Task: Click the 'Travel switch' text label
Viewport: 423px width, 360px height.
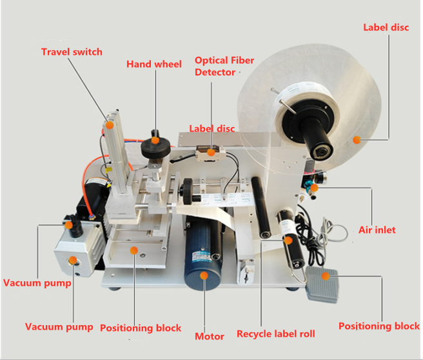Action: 72,52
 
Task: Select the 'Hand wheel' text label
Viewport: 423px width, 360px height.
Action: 154,64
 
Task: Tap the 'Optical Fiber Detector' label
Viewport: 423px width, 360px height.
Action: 224,66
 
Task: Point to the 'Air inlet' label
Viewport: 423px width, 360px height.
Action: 377,230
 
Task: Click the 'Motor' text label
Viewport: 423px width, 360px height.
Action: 210,336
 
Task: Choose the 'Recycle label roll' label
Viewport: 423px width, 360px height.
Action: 275,334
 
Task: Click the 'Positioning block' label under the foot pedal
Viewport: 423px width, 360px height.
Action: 379,326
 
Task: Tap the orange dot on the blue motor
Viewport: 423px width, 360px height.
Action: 204,275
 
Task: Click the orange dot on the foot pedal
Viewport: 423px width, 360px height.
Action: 326,276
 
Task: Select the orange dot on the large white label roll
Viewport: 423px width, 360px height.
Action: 355,139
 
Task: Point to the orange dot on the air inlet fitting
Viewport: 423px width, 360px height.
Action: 313,187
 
